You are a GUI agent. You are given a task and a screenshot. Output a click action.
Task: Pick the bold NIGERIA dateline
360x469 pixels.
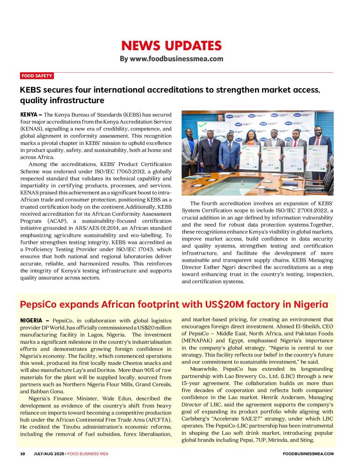coord(32,320)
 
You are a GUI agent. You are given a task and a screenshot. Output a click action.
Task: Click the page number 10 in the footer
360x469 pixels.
coord(22,454)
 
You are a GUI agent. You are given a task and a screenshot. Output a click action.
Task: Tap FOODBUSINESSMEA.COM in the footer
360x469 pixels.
coord(309,454)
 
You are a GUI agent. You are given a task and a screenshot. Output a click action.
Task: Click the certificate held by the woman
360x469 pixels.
coord(249,157)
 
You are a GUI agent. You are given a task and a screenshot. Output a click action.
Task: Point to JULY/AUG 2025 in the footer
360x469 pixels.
coord(48,454)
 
